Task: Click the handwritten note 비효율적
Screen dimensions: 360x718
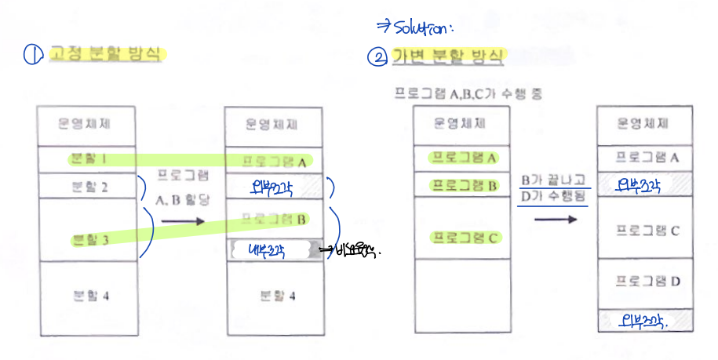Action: [357, 252]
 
